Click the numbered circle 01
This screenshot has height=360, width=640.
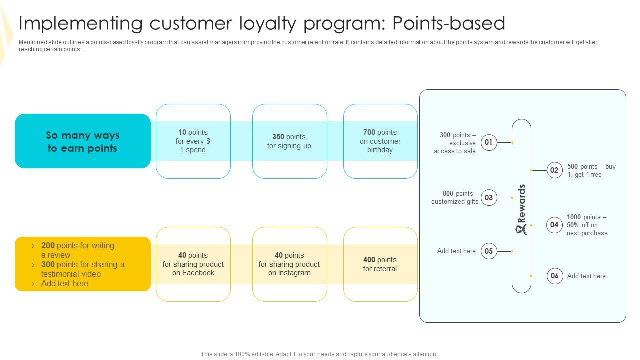pos(489,142)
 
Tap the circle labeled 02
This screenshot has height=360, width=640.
pos(555,170)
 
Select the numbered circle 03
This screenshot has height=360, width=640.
pos(489,197)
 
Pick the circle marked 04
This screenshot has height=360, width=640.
pos(555,225)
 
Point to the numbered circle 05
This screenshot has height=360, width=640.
pos(489,251)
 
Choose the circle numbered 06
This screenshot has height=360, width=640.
pos(555,276)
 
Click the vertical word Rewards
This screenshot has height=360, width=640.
pos(521,203)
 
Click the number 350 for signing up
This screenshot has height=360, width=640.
pos(278,137)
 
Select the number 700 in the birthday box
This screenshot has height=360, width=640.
pos(369,132)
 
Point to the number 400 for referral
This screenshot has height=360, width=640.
pos(369,260)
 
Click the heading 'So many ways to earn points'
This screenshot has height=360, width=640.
pos(83,142)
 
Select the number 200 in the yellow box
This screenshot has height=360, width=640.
pos(48,245)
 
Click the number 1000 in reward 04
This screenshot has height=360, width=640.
pos(574,217)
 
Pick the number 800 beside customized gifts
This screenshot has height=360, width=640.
pos(448,193)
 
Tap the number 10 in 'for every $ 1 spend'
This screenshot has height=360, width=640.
pos(182,132)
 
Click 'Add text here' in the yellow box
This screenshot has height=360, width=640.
pos(65,283)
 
